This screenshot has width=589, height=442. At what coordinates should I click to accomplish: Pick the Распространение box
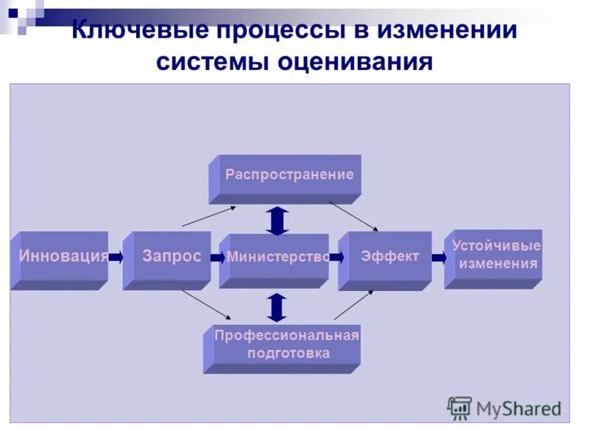coord(287,176)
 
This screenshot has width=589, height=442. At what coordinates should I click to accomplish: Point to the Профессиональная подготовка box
coord(284,345)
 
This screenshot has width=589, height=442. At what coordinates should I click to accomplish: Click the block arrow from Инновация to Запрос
coord(116,258)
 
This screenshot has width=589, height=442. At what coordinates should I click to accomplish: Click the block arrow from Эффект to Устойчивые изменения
coord(439,258)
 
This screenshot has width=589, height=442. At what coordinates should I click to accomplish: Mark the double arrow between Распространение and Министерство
coord(277,220)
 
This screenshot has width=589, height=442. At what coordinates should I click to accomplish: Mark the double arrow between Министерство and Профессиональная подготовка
coord(276,307)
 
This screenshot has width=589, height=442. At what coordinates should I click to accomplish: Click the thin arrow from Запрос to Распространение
coord(208,216)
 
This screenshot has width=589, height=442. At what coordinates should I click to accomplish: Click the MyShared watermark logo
coord(504,407)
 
